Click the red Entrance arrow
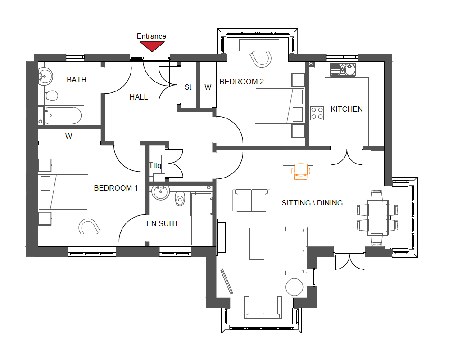(x=152, y=46)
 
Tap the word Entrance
(x=151, y=36)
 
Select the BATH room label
(x=77, y=80)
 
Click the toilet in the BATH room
(x=51, y=96)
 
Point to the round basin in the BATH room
(x=45, y=76)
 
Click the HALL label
(x=139, y=97)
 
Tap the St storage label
(x=188, y=87)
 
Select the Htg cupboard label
(x=155, y=165)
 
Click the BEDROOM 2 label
(x=241, y=82)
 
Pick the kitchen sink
(x=343, y=69)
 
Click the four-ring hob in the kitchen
(x=317, y=114)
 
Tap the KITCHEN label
(x=347, y=109)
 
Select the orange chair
(x=301, y=172)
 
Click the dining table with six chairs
(x=377, y=218)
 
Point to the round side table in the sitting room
(x=294, y=287)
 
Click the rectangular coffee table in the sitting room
(x=257, y=243)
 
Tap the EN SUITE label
(x=163, y=223)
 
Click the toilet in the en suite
(x=180, y=198)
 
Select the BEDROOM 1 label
(x=116, y=188)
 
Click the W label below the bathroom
(x=68, y=136)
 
